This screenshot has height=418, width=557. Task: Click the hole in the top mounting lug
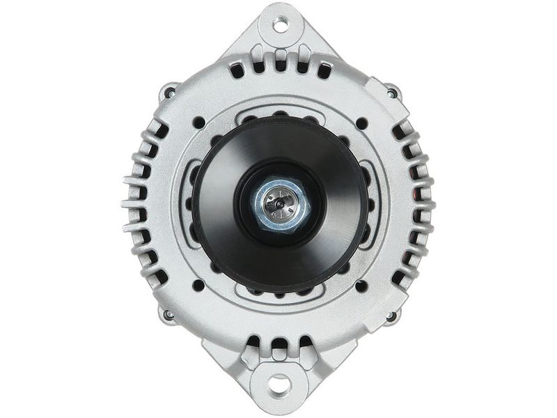pos(280,26)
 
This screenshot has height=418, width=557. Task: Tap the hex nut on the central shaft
pos(278,204)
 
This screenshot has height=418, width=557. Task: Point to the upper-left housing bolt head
pos(168,91)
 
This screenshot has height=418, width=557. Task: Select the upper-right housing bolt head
pos(392,91)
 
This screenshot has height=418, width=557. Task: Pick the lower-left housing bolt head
pos(168,315)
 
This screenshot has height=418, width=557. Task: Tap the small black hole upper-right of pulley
pos(361,123)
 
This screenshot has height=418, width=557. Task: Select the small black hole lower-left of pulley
pos(198,285)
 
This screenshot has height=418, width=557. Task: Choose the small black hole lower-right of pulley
pos(361,286)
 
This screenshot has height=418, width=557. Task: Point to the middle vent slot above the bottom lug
pos(279,344)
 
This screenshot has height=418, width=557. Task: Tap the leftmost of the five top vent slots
pos(237,70)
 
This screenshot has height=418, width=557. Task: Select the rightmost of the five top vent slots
pos(323,70)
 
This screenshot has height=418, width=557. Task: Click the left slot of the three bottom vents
pos(254,343)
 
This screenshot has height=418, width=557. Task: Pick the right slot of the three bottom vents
pos(304,343)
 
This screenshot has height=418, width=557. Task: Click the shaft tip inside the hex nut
pos(278,203)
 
